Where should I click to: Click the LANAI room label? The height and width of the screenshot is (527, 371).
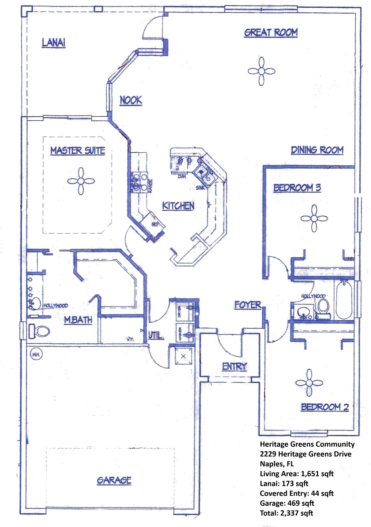pyautogui.click(x=54, y=43)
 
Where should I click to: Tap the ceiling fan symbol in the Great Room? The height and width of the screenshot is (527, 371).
pyautogui.click(x=261, y=71)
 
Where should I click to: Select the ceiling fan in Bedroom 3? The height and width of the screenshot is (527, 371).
pyautogui.click(x=314, y=218)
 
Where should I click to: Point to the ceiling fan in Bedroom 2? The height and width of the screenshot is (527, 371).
pyautogui.click(x=309, y=383)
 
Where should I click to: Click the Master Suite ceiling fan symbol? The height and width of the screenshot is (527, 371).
pyautogui.click(x=81, y=181)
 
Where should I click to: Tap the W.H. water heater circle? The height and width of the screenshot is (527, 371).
pyautogui.click(x=36, y=355)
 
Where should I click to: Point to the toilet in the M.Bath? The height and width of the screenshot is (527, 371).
pyautogui.click(x=39, y=331)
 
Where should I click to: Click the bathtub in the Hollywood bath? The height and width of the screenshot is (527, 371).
pyautogui.click(x=343, y=300)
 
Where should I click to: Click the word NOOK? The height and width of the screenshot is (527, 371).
pyautogui.click(x=131, y=100)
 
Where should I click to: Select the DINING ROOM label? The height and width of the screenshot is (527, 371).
pyautogui.click(x=317, y=150)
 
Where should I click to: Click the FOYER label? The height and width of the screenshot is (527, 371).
pyautogui.click(x=248, y=305)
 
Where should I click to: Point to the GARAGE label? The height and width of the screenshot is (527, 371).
pyautogui.click(x=114, y=480)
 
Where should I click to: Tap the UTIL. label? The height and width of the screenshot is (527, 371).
pyautogui.click(x=156, y=335)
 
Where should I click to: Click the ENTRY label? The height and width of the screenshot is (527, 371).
pyautogui.click(x=234, y=366)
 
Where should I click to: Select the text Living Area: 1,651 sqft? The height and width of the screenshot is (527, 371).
pyautogui.click(x=297, y=474)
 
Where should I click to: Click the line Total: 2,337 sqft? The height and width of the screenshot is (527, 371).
pyautogui.click(x=286, y=513)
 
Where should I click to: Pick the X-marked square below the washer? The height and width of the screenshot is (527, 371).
pyautogui.click(x=183, y=356)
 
